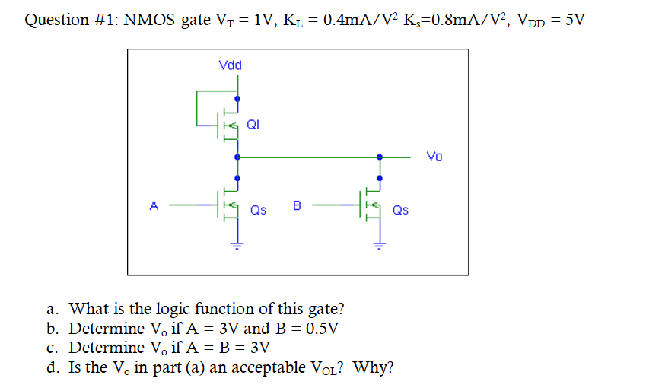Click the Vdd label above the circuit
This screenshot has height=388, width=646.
[230, 65]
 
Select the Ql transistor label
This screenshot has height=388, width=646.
[253, 125]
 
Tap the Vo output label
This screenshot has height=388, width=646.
[434, 157]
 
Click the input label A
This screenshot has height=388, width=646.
[154, 205]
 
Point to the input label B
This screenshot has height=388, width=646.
[297, 205]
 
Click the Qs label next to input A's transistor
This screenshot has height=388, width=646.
[259, 210]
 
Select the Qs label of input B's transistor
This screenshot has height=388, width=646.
[400, 210]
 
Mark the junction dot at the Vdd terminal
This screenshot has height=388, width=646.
[237, 98]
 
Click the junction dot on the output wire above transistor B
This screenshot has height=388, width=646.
[380, 157]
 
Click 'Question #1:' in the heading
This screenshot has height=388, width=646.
[71, 20]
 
